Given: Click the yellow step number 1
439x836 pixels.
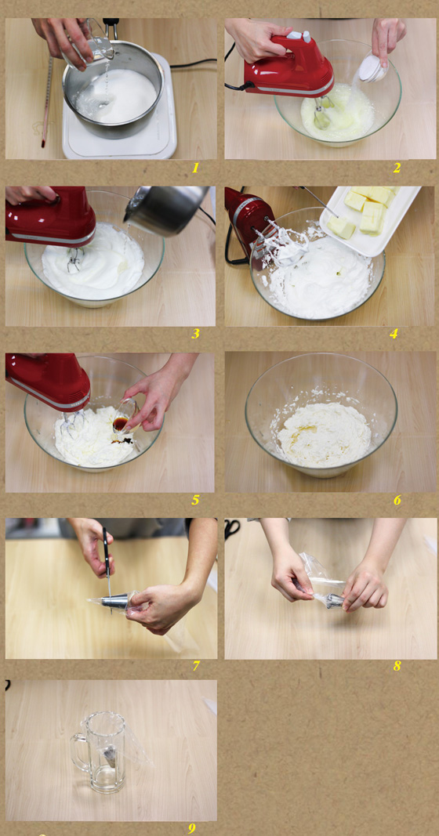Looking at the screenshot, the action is [x=195, y=168].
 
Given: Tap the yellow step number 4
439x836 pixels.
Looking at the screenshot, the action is [x=394, y=335].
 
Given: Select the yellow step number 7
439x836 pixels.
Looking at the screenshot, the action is [x=196, y=666].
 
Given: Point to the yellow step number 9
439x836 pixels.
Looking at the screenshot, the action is [x=192, y=828].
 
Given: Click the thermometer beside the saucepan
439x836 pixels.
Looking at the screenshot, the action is [x=47, y=101].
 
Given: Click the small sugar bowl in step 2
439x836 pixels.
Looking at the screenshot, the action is [x=373, y=68].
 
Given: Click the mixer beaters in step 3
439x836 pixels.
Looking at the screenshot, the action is [x=74, y=260].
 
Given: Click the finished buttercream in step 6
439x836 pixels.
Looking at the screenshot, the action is [x=323, y=435].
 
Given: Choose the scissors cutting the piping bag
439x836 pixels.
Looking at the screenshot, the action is [x=107, y=565].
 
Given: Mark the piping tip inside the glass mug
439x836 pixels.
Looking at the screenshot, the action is [x=110, y=755].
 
